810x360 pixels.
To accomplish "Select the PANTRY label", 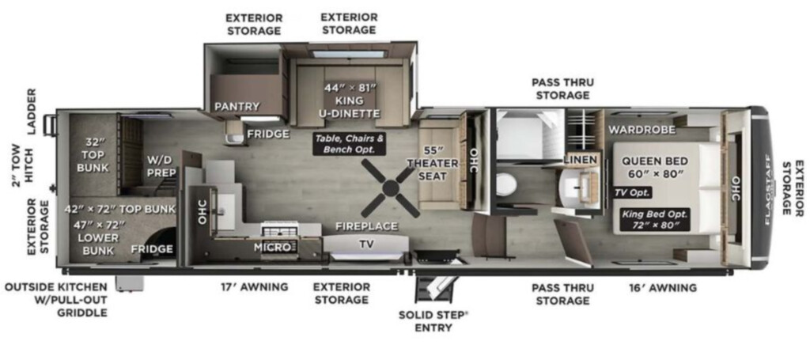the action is click(237, 106).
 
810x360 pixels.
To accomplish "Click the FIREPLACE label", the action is click(367, 226).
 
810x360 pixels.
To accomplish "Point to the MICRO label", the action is click(272, 248).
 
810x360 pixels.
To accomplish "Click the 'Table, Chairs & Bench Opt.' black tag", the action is click(350, 143).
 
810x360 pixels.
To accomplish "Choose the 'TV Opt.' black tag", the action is click(633, 192).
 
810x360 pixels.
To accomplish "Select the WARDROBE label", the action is click(641, 130).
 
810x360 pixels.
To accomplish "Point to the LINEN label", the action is click(583, 159).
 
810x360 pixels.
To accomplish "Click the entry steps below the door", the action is click(437, 290).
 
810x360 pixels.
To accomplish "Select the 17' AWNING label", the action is click(255, 287).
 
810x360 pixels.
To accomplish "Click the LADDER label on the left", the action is click(32, 112).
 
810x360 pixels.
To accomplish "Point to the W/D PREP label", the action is click(162, 166).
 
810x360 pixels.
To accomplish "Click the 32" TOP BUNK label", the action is click(93, 154).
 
